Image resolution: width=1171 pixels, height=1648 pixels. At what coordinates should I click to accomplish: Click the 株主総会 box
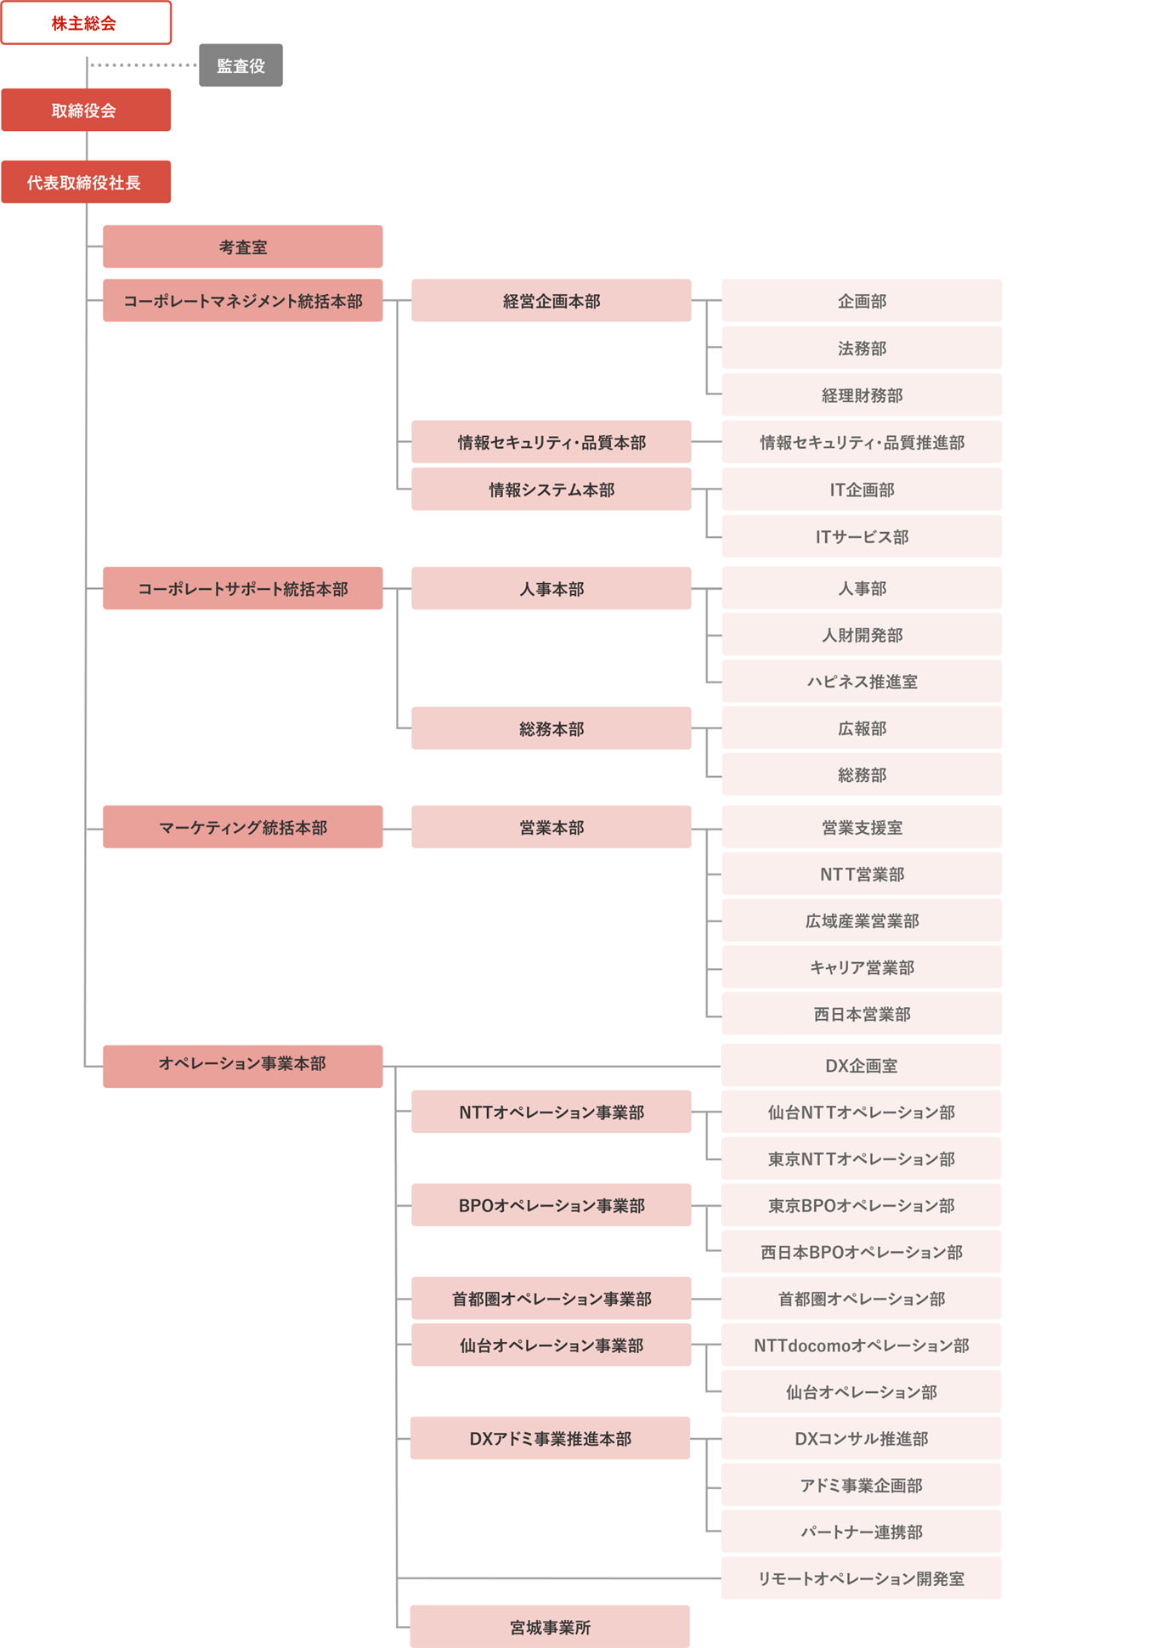pos(86,23)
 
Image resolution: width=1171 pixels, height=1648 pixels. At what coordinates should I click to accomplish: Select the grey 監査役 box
pos(240,65)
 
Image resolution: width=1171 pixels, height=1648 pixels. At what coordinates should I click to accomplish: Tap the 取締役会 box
pos(86,110)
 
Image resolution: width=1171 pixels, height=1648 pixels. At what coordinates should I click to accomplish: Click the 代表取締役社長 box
pos(86,182)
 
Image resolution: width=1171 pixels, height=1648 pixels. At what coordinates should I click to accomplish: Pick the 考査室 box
pos(243,246)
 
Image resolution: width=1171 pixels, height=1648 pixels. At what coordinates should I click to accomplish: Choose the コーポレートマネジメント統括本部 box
pos(243,301)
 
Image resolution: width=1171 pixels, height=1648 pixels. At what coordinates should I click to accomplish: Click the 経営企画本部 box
pos(552,301)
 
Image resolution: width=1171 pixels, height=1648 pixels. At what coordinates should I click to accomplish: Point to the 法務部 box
pos(862,348)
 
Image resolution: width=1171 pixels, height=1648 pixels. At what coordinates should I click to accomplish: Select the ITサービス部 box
pos(862,536)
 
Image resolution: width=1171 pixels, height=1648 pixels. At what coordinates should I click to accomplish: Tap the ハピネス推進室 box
pos(862,681)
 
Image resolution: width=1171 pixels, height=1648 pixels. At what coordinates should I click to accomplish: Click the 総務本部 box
pos(552,728)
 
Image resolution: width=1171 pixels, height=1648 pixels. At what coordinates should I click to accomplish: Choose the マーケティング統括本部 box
pos(243,827)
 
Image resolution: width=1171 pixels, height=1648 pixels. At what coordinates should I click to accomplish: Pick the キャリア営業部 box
pos(862,967)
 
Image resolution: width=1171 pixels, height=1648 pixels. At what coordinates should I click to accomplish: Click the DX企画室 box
pos(862,1066)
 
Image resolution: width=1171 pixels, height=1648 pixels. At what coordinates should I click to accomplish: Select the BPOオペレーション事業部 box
pos(552,1205)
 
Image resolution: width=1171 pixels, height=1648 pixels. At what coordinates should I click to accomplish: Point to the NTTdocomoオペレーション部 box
pos(862,1345)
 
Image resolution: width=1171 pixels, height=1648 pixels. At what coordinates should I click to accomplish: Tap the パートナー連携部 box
pos(862,1532)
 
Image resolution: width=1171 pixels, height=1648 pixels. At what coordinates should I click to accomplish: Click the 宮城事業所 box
pos(550,1627)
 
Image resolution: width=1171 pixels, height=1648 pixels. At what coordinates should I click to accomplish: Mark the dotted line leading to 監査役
pos(144,65)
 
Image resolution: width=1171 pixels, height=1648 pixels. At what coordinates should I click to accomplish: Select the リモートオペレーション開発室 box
pos(862,1578)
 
